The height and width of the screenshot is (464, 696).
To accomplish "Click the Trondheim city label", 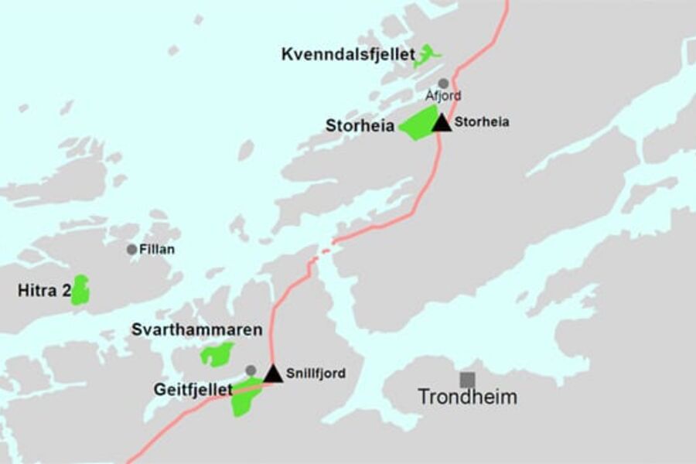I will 467,397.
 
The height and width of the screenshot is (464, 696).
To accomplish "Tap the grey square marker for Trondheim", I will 467,380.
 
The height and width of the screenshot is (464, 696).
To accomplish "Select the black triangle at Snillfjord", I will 273,374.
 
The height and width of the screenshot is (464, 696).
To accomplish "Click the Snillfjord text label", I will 316,374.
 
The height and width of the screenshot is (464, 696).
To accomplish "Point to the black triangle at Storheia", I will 442,122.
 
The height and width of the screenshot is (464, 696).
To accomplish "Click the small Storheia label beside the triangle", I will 482,121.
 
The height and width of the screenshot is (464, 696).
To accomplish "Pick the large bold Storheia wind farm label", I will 360,125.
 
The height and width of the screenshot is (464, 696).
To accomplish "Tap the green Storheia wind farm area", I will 418,125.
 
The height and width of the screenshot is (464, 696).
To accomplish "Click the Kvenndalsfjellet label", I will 349,55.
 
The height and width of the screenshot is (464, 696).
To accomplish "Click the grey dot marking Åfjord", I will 443,83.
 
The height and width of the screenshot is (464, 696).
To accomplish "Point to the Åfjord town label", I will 444,96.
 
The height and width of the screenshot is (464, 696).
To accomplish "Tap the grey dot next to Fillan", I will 131,249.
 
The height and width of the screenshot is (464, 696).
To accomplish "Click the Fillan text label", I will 157,249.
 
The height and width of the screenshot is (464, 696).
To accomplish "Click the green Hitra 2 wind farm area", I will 80,290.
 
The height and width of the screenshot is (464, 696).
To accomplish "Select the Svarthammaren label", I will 196,330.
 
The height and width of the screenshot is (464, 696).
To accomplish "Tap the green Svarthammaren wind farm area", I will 217,354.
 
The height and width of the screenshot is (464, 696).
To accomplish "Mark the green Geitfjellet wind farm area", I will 245,397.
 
